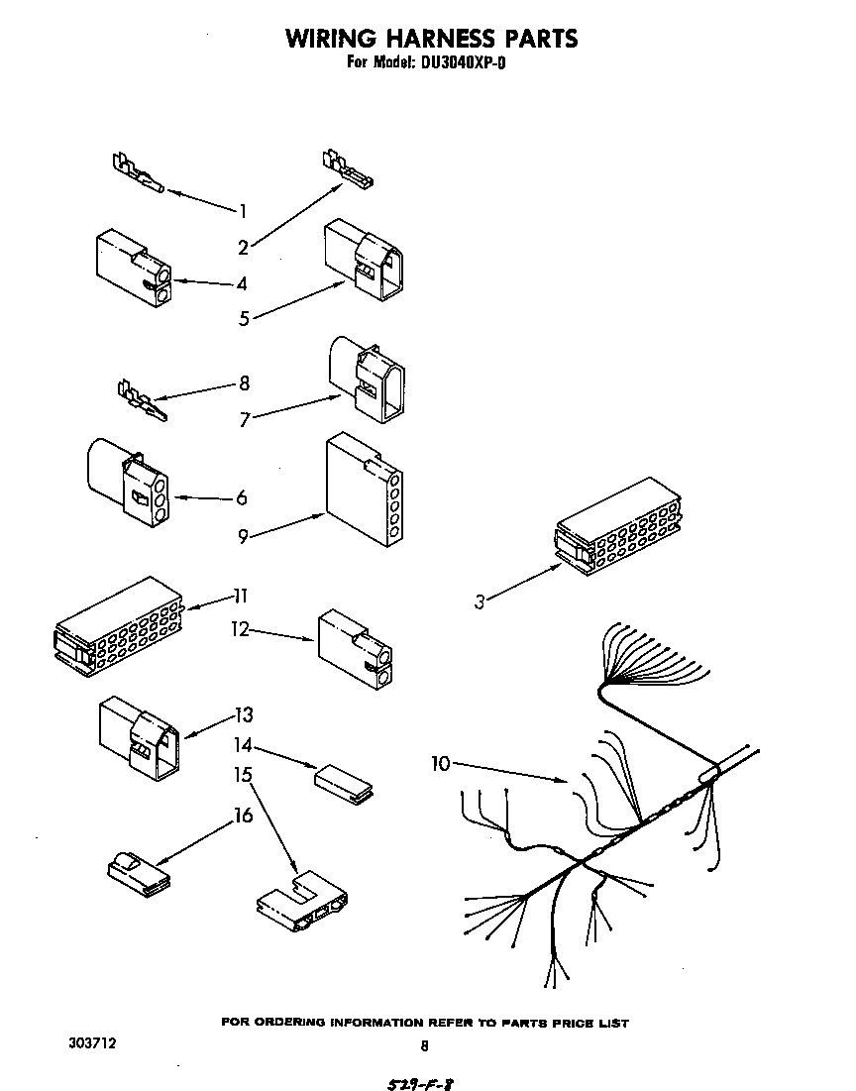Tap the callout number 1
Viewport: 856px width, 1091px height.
click(x=241, y=210)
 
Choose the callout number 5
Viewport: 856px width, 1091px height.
click(x=243, y=318)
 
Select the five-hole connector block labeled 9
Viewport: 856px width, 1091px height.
click(x=363, y=490)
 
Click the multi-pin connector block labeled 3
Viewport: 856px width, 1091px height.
click(x=618, y=528)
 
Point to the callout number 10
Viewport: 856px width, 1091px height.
click(x=442, y=763)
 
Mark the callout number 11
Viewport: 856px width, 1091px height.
click(x=240, y=596)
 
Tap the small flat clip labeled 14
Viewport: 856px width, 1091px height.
click(x=343, y=780)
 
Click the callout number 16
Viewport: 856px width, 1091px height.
click(x=243, y=816)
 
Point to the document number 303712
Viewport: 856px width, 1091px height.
click(x=92, y=1043)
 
